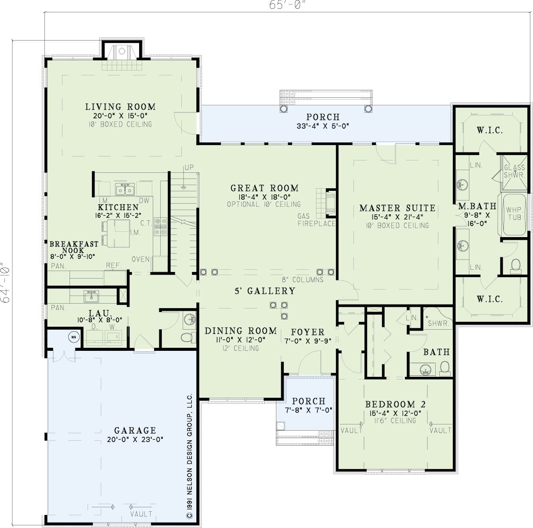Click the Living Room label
tap(120, 107)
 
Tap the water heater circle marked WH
tap(74, 337)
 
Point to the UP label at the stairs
tap(189, 167)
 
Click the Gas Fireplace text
tap(316, 219)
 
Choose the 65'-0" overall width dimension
tap(288, 5)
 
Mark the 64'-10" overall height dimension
tap(5, 282)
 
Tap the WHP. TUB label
tap(514, 214)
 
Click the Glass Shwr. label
tap(514, 171)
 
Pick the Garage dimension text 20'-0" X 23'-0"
tap(135, 439)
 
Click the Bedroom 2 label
tap(395, 404)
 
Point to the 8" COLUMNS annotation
tap(303, 279)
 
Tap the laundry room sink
tap(91, 296)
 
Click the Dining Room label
tap(241, 331)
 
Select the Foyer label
tap(308, 332)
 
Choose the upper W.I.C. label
tap(489, 130)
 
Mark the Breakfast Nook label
tap(74, 247)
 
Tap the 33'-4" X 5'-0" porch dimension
tap(323, 126)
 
